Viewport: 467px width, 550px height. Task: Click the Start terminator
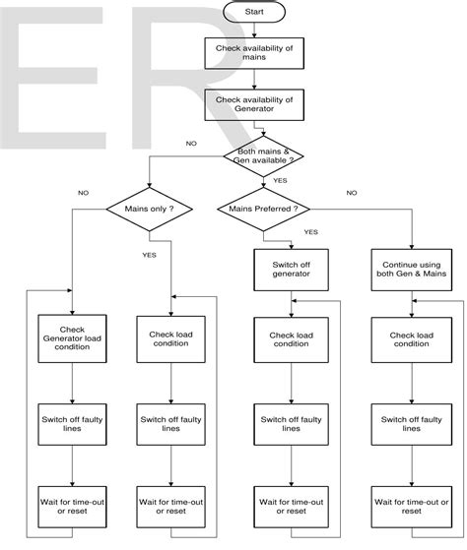253,13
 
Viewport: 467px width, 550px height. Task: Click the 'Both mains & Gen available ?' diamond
263,154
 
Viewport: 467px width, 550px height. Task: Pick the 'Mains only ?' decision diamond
148,209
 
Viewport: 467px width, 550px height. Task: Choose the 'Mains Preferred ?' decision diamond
263,209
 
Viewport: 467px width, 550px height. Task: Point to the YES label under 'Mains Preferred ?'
310,232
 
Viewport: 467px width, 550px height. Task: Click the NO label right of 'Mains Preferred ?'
352,193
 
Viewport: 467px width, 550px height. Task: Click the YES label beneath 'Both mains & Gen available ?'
279,180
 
